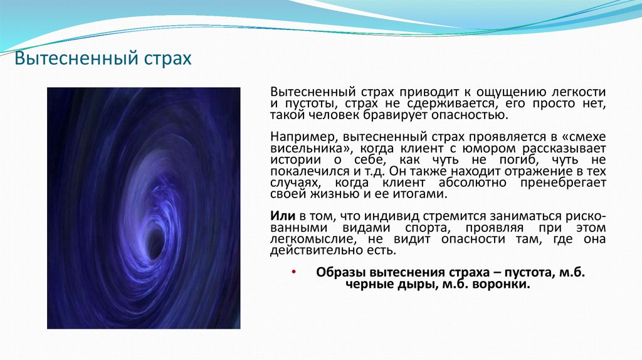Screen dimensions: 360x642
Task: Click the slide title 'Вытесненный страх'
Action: pos(103,60)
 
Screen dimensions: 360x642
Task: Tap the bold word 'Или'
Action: pos(280,216)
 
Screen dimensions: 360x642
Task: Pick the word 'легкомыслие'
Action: pos(303,239)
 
